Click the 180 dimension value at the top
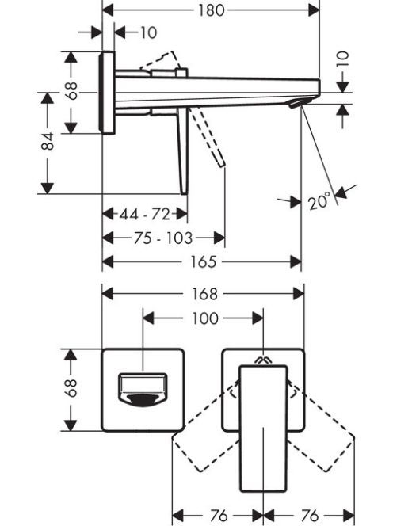tap(211, 10)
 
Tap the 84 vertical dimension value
tap(48, 141)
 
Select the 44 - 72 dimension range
tap(145, 214)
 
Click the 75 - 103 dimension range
tap(163, 238)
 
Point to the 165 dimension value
tap(204, 261)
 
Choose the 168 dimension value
tap(204, 294)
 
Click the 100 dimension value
tap(205, 318)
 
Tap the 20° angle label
tap(319, 202)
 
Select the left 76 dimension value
tap(219, 515)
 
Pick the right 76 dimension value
tap(310, 515)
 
